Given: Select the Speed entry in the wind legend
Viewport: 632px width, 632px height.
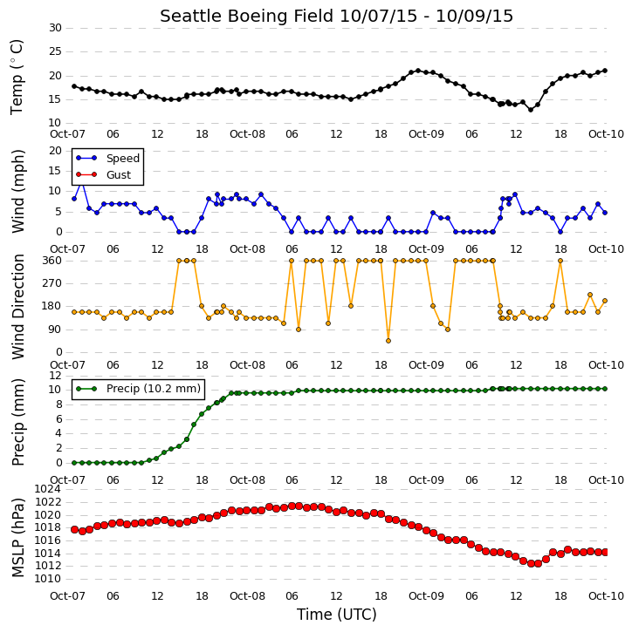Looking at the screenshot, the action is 123,159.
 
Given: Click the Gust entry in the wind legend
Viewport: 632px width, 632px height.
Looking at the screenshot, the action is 119,175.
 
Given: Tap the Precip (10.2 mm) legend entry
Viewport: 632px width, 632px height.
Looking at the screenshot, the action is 154,389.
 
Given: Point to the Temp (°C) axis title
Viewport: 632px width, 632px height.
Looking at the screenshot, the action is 17,77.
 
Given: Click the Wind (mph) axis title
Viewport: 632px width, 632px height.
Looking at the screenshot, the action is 17,191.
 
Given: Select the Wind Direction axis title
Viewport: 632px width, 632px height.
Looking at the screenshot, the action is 17,306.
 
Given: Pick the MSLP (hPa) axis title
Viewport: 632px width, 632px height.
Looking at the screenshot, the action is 17,537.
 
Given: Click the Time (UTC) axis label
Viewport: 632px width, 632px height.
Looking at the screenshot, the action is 337,615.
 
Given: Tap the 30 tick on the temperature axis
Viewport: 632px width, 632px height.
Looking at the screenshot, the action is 55,28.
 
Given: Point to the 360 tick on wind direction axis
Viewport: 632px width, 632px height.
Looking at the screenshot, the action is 52,261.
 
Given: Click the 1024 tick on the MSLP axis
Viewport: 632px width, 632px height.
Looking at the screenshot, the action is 48,489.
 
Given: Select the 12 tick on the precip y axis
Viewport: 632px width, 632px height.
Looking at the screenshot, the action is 55,376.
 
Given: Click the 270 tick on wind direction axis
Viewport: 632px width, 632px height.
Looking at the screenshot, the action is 52,283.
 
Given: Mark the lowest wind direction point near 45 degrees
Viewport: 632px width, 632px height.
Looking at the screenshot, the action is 388,341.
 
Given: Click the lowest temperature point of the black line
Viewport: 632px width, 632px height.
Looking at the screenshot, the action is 531,110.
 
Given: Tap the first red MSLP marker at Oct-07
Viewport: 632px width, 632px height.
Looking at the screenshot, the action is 74,530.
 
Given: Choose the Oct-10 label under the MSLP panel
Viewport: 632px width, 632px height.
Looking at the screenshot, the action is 606,595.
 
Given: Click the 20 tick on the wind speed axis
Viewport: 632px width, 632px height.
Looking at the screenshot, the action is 55,151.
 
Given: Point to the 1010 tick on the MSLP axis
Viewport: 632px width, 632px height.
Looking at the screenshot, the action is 48,579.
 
